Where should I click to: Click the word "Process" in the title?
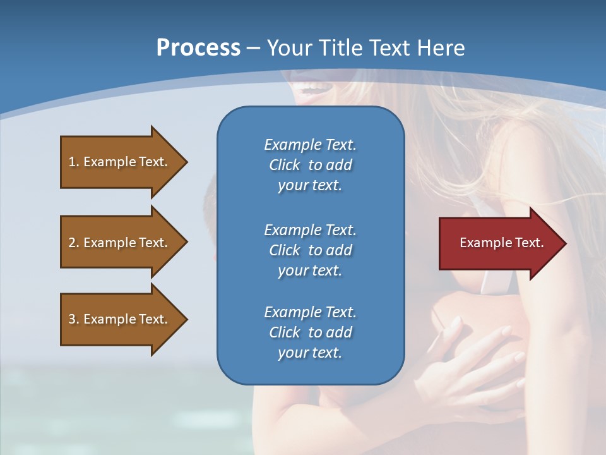(198, 48)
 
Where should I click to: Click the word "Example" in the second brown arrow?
(109, 243)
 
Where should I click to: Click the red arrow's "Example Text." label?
(501, 243)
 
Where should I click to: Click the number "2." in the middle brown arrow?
(74, 243)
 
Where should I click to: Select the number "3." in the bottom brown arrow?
(74, 319)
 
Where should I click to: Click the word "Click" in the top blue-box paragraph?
(285, 165)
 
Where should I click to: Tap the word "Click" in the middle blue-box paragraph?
(285, 250)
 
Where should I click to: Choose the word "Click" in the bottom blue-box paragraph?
(285, 332)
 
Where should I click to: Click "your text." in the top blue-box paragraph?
(309, 186)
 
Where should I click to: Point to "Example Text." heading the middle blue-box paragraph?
(310, 230)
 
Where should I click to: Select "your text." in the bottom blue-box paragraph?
(309, 353)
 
